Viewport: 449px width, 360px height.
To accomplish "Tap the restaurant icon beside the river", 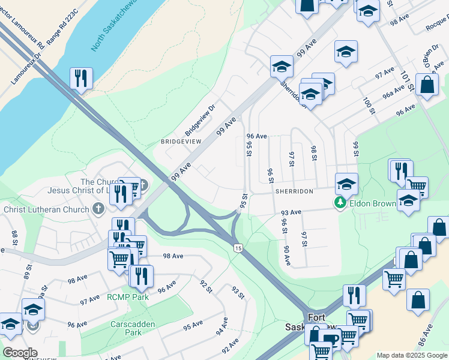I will point(80,77).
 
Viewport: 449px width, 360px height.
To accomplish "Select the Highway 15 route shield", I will point(238,248).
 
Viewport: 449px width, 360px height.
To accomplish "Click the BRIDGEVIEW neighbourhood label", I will point(181,141).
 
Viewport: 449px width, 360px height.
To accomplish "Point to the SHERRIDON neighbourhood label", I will point(294,190).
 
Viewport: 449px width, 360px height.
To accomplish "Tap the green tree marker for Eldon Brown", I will point(340,203).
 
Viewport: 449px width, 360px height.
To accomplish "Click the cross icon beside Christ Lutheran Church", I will point(98,209).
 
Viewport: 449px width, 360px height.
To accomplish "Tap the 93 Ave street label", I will point(291,212).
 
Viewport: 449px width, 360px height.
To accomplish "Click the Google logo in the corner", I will point(20,352).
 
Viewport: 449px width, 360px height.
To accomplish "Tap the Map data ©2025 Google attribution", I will point(411,355).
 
